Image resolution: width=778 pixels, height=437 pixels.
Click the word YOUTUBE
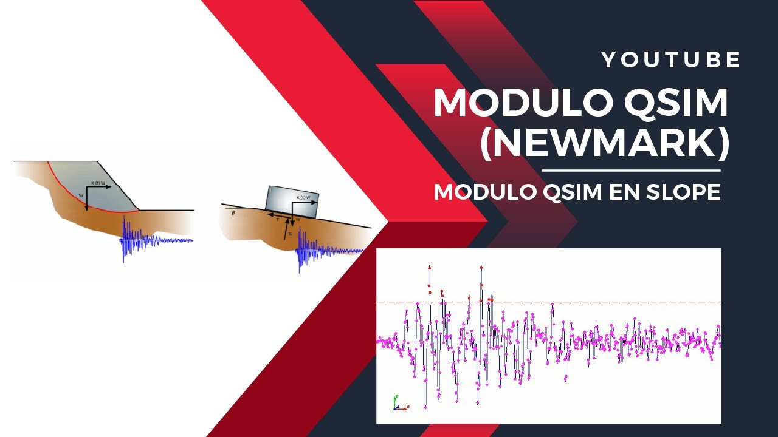(671, 60)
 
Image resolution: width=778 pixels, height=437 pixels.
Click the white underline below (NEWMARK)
(630, 171)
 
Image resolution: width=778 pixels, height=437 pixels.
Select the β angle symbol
(233, 213)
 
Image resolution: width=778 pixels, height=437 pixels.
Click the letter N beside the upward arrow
(291, 233)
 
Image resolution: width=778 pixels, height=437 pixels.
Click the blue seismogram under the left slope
(146, 240)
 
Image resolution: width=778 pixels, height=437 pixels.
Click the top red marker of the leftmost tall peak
(429, 267)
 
